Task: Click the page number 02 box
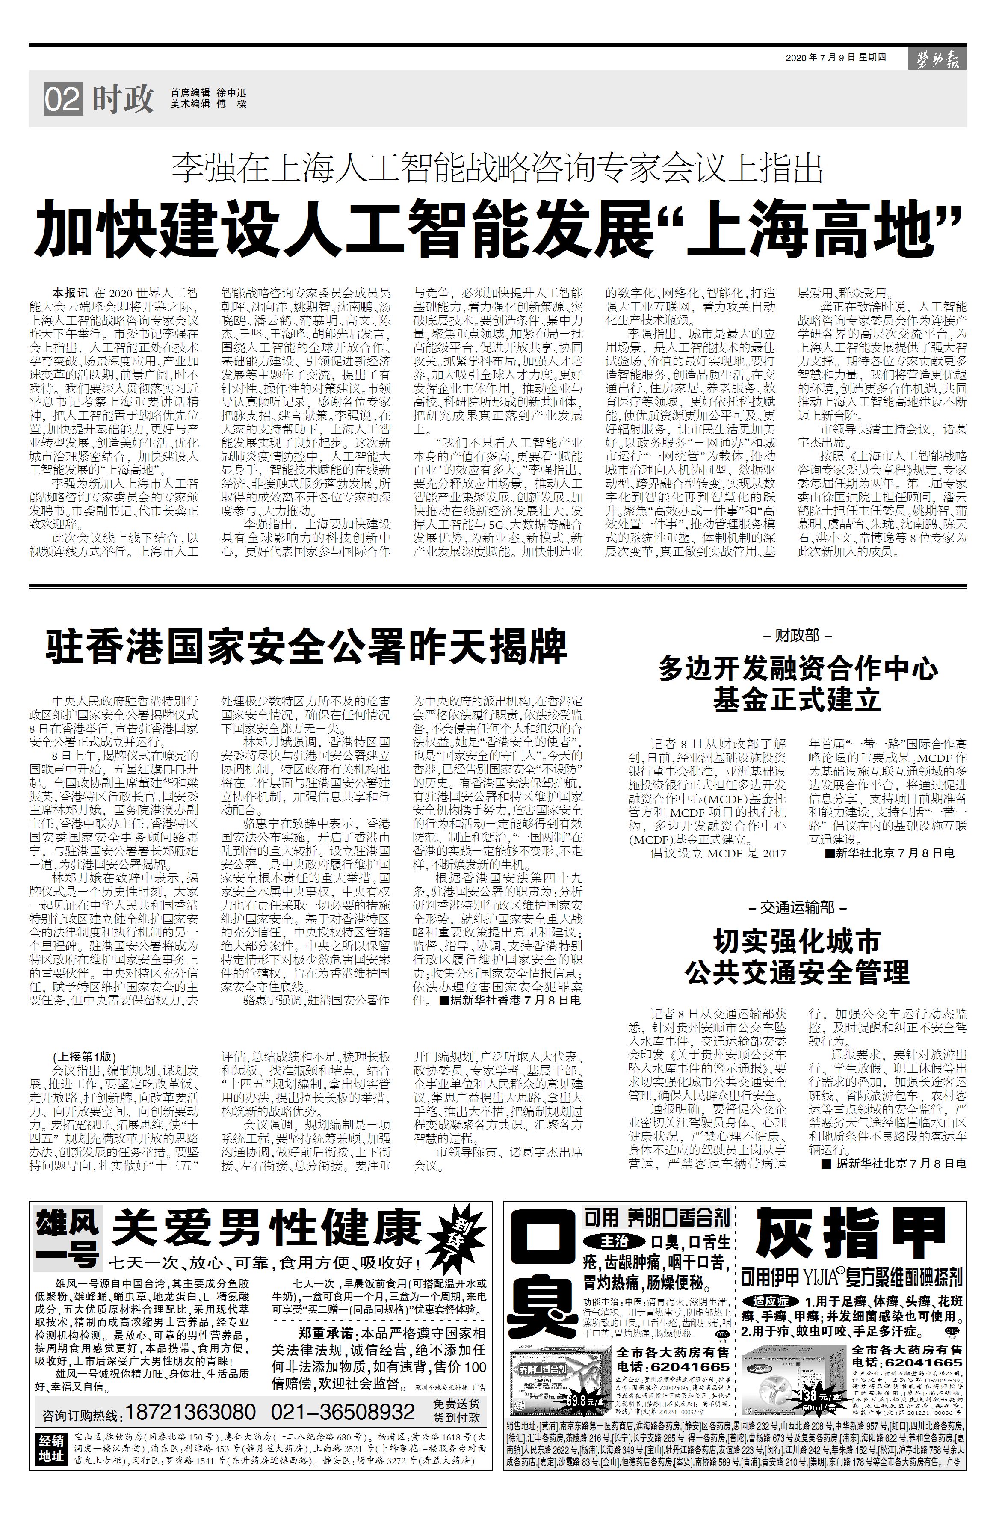[x=63, y=100]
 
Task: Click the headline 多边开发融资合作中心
[x=797, y=669]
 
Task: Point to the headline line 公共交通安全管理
[x=797, y=972]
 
